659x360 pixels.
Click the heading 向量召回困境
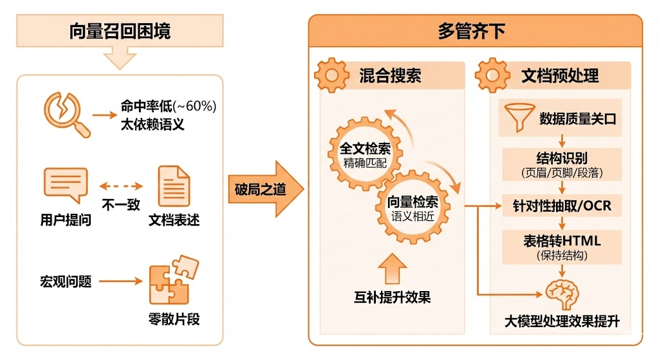pos(120,31)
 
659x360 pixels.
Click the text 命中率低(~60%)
pos(168,106)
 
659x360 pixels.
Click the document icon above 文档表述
pos(174,185)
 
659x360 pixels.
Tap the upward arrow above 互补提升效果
pos(392,268)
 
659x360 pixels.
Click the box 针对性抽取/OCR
pos(562,206)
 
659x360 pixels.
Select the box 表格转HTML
pos(562,246)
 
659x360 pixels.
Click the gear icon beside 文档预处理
pos(492,75)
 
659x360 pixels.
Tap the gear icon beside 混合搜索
pos(331,75)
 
